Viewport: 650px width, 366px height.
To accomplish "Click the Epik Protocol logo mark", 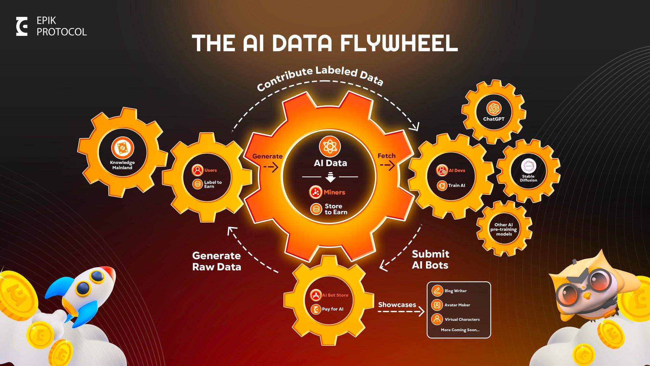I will (x=22, y=27).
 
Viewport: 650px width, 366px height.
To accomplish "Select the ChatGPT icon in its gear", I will (x=494, y=109).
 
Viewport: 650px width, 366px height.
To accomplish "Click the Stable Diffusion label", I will (x=528, y=178).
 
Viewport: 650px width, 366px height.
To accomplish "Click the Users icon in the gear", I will (x=197, y=170).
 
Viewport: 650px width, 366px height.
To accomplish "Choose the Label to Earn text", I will (x=213, y=184).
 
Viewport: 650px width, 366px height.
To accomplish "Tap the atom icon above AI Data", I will (x=330, y=146).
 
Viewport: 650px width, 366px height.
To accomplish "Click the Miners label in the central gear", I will (x=334, y=192).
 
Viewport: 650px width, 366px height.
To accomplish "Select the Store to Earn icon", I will (x=316, y=209).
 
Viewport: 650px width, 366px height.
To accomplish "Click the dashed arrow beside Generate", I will (x=270, y=167).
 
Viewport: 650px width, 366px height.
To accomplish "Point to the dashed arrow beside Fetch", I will (x=387, y=166).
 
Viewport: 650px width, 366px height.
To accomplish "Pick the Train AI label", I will (x=456, y=185).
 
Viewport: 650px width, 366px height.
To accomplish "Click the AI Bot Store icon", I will (x=316, y=295).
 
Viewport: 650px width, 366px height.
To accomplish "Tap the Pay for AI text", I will (x=332, y=309).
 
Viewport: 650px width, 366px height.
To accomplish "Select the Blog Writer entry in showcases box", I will (x=455, y=291).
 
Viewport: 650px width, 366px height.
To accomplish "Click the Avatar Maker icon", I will (x=437, y=305).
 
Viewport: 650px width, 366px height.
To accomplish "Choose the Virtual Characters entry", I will (x=462, y=319).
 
